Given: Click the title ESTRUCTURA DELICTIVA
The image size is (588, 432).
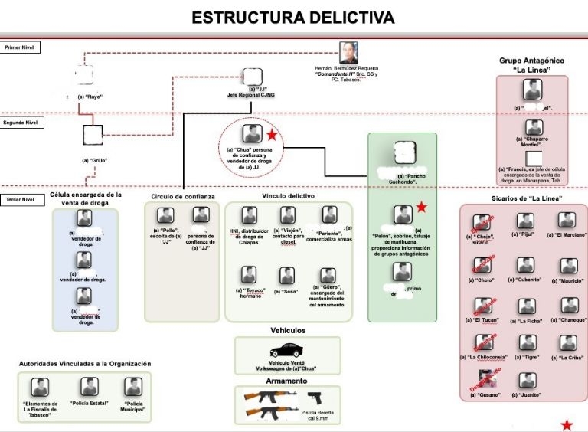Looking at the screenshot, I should tap(293, 18).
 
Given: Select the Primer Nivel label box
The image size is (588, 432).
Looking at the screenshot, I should tap(21, 47).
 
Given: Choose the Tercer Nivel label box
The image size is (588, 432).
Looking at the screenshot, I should tap(19, 200).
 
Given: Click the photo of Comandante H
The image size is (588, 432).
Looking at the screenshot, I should tap(349, 53).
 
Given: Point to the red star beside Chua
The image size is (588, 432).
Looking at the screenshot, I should tap(271, 136).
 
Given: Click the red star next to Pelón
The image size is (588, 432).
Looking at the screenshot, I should tap(421, 208).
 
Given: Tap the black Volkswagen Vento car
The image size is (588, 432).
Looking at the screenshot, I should tap(287, 350).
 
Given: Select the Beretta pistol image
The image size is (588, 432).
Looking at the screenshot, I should tap(315, 398).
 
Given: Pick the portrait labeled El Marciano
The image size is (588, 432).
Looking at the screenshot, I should tap(567, 220).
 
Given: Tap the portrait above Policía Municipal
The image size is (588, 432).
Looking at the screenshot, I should tap(133, 387).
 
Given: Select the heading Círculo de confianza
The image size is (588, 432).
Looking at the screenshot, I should tap(183, 197).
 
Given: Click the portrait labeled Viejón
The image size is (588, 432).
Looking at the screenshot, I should tap(287, 215).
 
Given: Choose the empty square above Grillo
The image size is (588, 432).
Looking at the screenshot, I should tap(93, 135).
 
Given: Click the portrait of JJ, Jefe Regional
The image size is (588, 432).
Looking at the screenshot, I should tap(251, 76).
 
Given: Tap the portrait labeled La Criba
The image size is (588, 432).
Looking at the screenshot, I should tap(567, 342).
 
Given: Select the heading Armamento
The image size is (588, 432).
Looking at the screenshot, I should tap(287, 381).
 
